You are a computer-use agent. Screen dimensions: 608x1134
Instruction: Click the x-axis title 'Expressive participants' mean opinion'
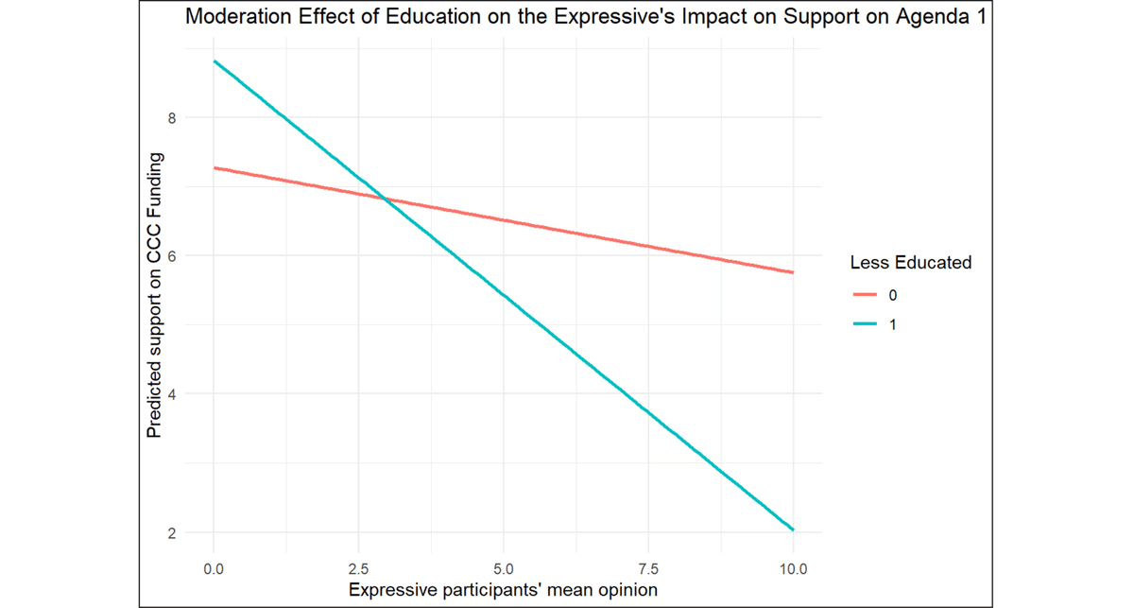coord(503,590)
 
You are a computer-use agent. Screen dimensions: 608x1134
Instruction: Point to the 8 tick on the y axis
coord(171,117)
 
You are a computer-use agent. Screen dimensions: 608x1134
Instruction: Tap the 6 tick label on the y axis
coord(171,256)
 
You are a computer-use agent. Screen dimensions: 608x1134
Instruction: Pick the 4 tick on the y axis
coord(171,394)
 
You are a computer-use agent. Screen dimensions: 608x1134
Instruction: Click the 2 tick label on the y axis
coord(171,532)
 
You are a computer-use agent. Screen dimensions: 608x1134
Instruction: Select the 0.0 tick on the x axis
coord(214,569)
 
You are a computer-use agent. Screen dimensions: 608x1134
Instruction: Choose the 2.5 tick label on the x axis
coord(358,569)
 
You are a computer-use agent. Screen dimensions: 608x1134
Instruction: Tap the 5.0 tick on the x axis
coord(503,569)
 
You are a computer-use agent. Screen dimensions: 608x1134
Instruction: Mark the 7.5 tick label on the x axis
coord(647,569)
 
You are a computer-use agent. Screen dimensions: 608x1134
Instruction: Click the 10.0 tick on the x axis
coord(792,569)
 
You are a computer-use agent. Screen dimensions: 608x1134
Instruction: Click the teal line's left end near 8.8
coord(215,61)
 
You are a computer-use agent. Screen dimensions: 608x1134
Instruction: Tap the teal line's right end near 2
coord(792,530)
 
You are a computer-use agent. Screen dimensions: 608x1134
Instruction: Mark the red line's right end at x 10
coord(792,272)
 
